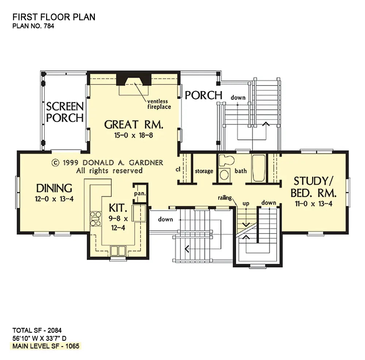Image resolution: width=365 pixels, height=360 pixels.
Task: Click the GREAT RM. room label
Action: point(134,125)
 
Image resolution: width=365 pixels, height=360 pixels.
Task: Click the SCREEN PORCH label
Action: point(65,112)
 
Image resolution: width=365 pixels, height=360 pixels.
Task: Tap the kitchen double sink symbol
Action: point(118,250)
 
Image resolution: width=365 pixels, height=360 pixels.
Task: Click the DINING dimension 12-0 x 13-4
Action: point(54,199)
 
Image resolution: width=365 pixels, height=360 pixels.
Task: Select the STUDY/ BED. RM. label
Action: point(314,186)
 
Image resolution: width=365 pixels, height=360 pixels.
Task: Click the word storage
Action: point(204,171)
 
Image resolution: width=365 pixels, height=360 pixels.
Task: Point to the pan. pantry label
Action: point(139,193)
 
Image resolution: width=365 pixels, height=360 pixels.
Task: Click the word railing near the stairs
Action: point(225,198)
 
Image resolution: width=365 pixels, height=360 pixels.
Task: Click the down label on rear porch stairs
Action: point(238,98)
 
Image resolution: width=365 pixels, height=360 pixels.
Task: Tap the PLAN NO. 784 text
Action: point(33,26)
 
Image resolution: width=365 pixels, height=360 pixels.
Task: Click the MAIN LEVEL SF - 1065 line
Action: point(46,346)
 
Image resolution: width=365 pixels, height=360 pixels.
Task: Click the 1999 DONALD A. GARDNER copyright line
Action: point(108,163)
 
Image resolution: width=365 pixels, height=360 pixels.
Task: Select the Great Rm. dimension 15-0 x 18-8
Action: point(134,136)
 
